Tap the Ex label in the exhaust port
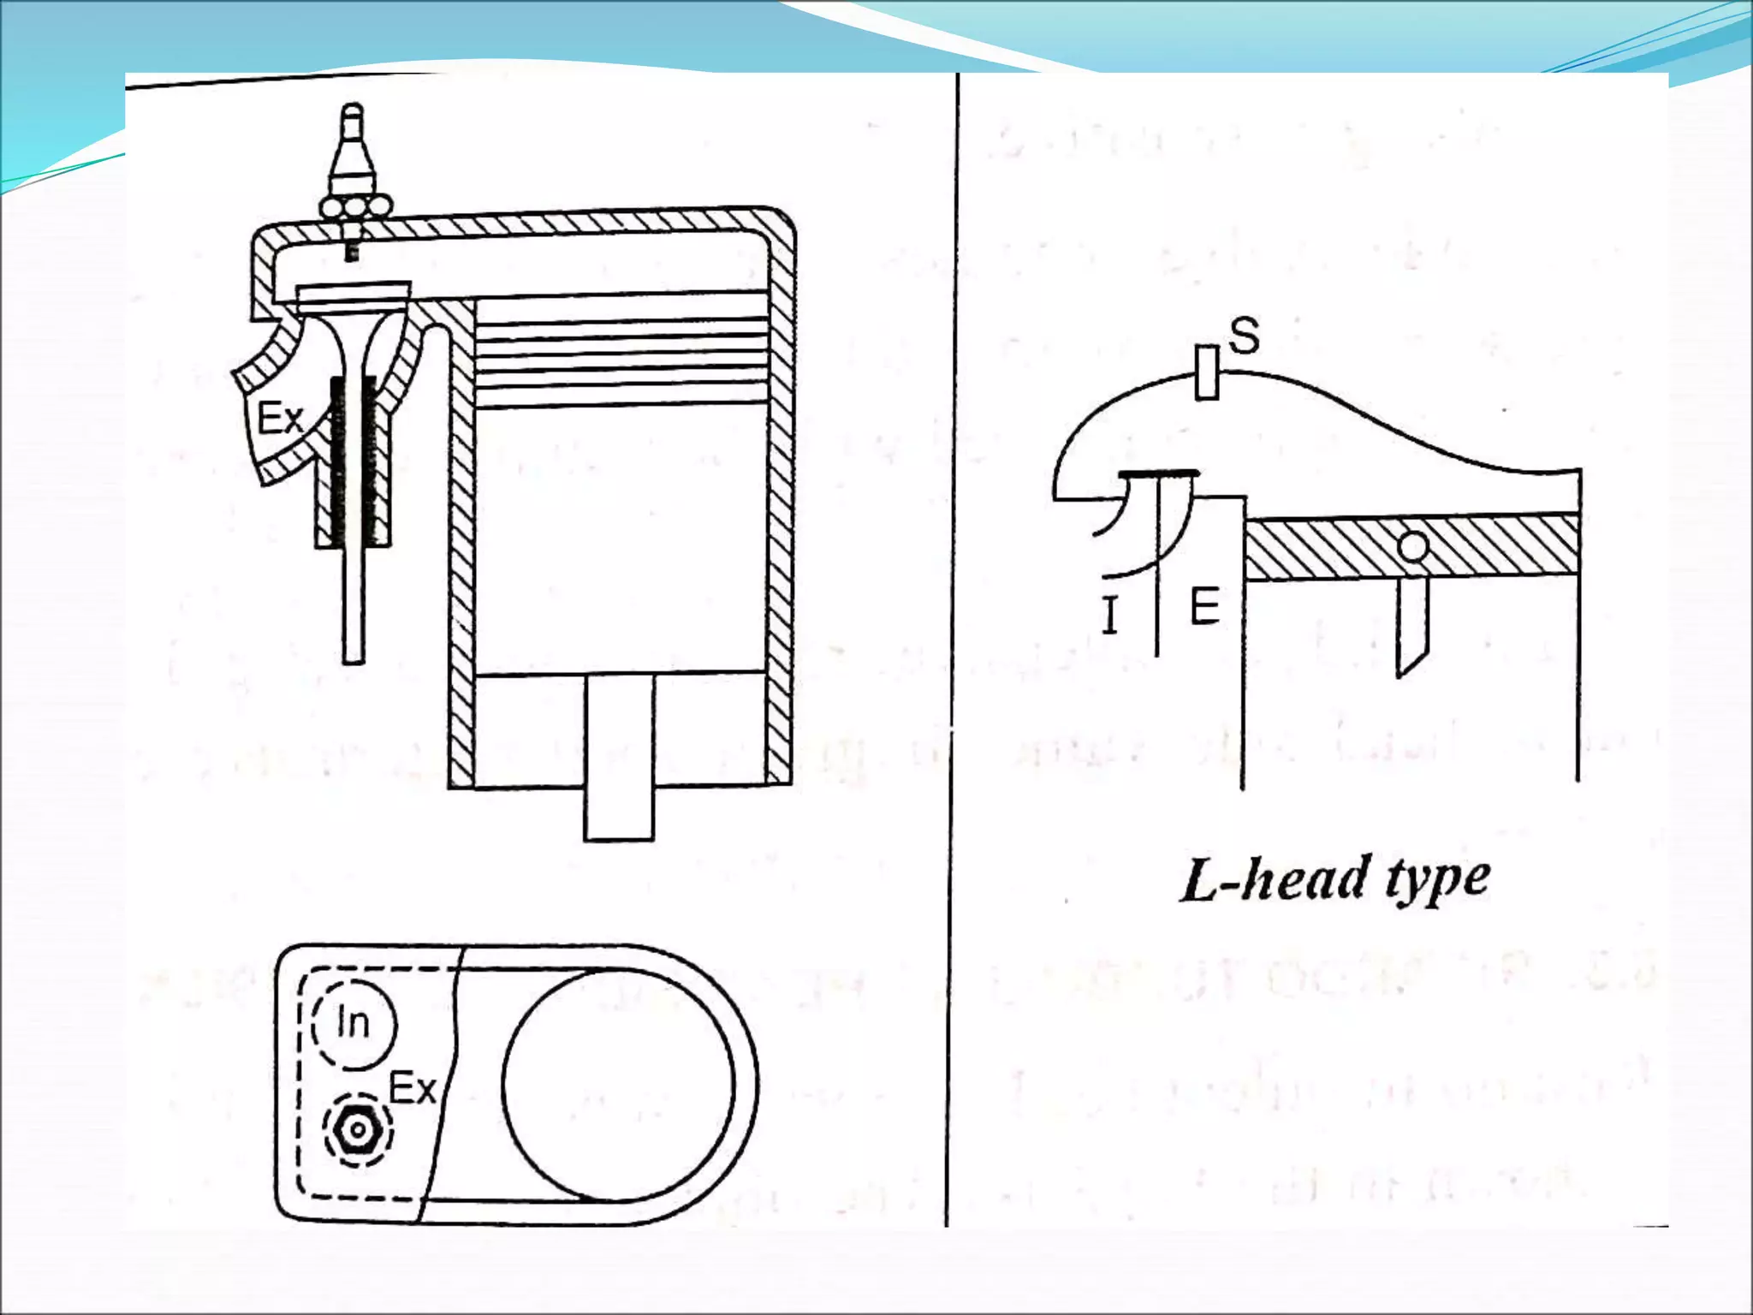281,419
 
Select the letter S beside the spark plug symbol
1244,336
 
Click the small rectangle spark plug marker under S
1207,372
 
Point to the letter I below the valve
1110,615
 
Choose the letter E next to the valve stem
1204,607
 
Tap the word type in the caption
1438,879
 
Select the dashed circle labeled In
353,1023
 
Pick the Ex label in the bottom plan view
413,1089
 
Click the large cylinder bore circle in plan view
618,1084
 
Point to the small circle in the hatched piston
1413,545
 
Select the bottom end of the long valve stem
354,655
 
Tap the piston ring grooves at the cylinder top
620,351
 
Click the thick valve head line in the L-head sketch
1159,473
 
